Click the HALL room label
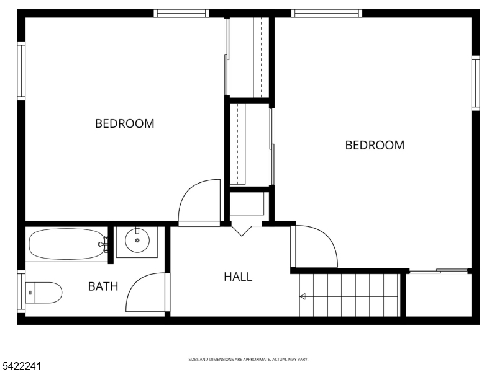click(x=238, y=277)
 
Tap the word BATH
click(x=103, y=286)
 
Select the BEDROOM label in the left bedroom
click(x=125, y=123)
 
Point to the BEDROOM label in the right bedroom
click(x=375, y=145)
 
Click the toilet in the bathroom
click(x=43, y=293)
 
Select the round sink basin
click(x=137, y=241)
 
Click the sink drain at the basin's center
click(x=137, y=241)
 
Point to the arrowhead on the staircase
click(x=303, y=296)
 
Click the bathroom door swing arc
click(x=137, y=281)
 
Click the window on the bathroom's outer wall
click(x=21, y=291)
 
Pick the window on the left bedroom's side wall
click(x=21, y=71)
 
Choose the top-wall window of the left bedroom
click(x=181, y=13)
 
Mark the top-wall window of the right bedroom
click(x=327, y=13)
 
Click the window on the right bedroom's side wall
click(x=475, y=83)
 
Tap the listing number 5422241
click(x=21, y=366)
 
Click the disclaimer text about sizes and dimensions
click(x=248, y=360)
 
